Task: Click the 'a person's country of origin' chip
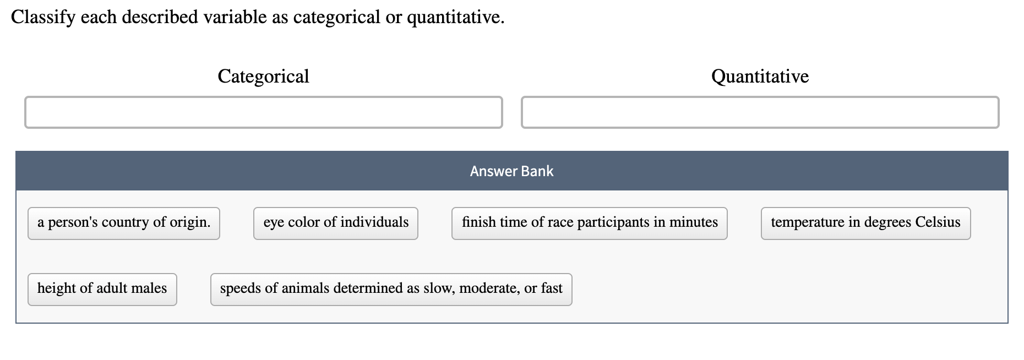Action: pos(124,223)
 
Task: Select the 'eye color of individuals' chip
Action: pos(336,223)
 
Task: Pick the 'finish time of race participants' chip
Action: pos(590,223)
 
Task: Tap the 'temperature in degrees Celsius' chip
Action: pos(865,223)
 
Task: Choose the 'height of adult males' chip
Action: pos(102,289)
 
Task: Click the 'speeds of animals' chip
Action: pos(391,289)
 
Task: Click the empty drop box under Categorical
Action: pos(264,112)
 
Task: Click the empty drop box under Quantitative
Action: pos(760,112)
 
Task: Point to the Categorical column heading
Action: pos(263,76)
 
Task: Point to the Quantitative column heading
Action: pos(760,76)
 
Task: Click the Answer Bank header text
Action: pos(511,171)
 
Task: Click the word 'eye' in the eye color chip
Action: pos(274,223)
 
